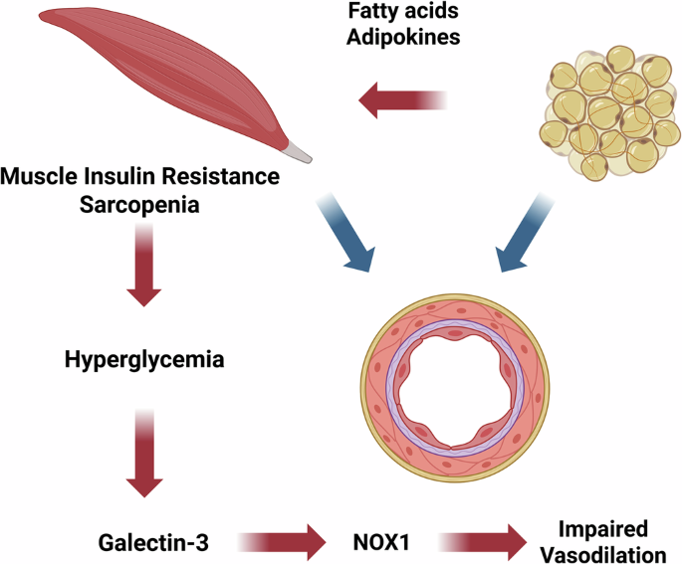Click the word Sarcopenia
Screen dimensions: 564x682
click(x=139, y=205)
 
